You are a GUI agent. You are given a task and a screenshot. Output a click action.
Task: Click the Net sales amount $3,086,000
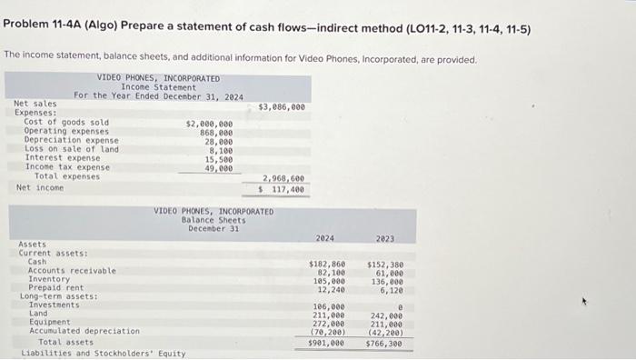pos(282,106)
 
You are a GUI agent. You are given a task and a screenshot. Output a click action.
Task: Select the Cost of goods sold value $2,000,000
pos(209,123)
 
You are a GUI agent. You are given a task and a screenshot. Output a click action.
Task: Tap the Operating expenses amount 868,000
pos(215,132)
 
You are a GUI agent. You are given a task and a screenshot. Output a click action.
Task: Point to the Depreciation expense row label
pos(71,141)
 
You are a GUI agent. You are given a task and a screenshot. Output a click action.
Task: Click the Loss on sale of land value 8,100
pos(220,150)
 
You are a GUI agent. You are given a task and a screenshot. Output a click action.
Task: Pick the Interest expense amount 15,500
pos(218,159)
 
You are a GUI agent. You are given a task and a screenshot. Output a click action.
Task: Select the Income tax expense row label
pos(67,167)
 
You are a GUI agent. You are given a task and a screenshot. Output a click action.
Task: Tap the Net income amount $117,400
pos(283,189)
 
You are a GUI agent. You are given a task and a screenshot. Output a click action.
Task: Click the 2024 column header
pos(325,238)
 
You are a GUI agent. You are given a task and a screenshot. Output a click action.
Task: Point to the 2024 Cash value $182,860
pos(326,264)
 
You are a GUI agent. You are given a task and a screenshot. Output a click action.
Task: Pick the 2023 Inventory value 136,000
pos(388,281)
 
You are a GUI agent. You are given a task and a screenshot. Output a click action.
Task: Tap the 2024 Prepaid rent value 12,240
pos(329,289)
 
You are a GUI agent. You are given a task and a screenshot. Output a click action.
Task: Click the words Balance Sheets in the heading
pos(214,219)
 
